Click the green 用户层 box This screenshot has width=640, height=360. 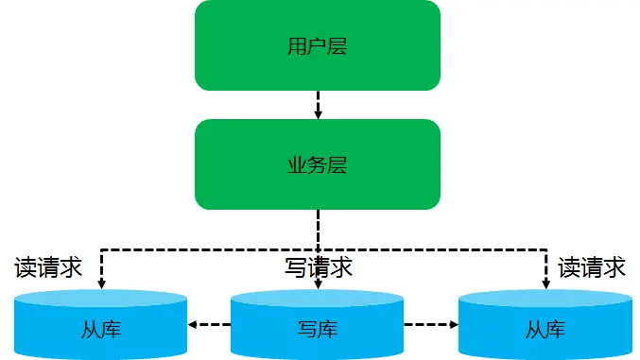[x=318, y=44]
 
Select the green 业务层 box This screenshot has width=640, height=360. [x=318, y=164]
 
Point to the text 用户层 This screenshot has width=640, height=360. [x=318, y=45]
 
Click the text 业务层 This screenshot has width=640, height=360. [x=318, y=165]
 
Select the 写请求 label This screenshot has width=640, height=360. [x=319, y=268]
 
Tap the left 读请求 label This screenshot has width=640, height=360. [x=49, y=267]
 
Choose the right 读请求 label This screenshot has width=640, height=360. [x=592, y=267]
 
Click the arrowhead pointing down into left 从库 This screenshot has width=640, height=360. [x=101, y=283]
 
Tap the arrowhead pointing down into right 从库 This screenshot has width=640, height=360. [x=545, y=283]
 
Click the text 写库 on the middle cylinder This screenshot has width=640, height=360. [x=318, y=330]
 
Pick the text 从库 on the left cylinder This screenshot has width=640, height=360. [x=101, y=330]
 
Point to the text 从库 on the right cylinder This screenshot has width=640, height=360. [x=545, y=330]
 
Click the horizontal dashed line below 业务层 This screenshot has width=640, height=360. [x=208, y=250]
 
